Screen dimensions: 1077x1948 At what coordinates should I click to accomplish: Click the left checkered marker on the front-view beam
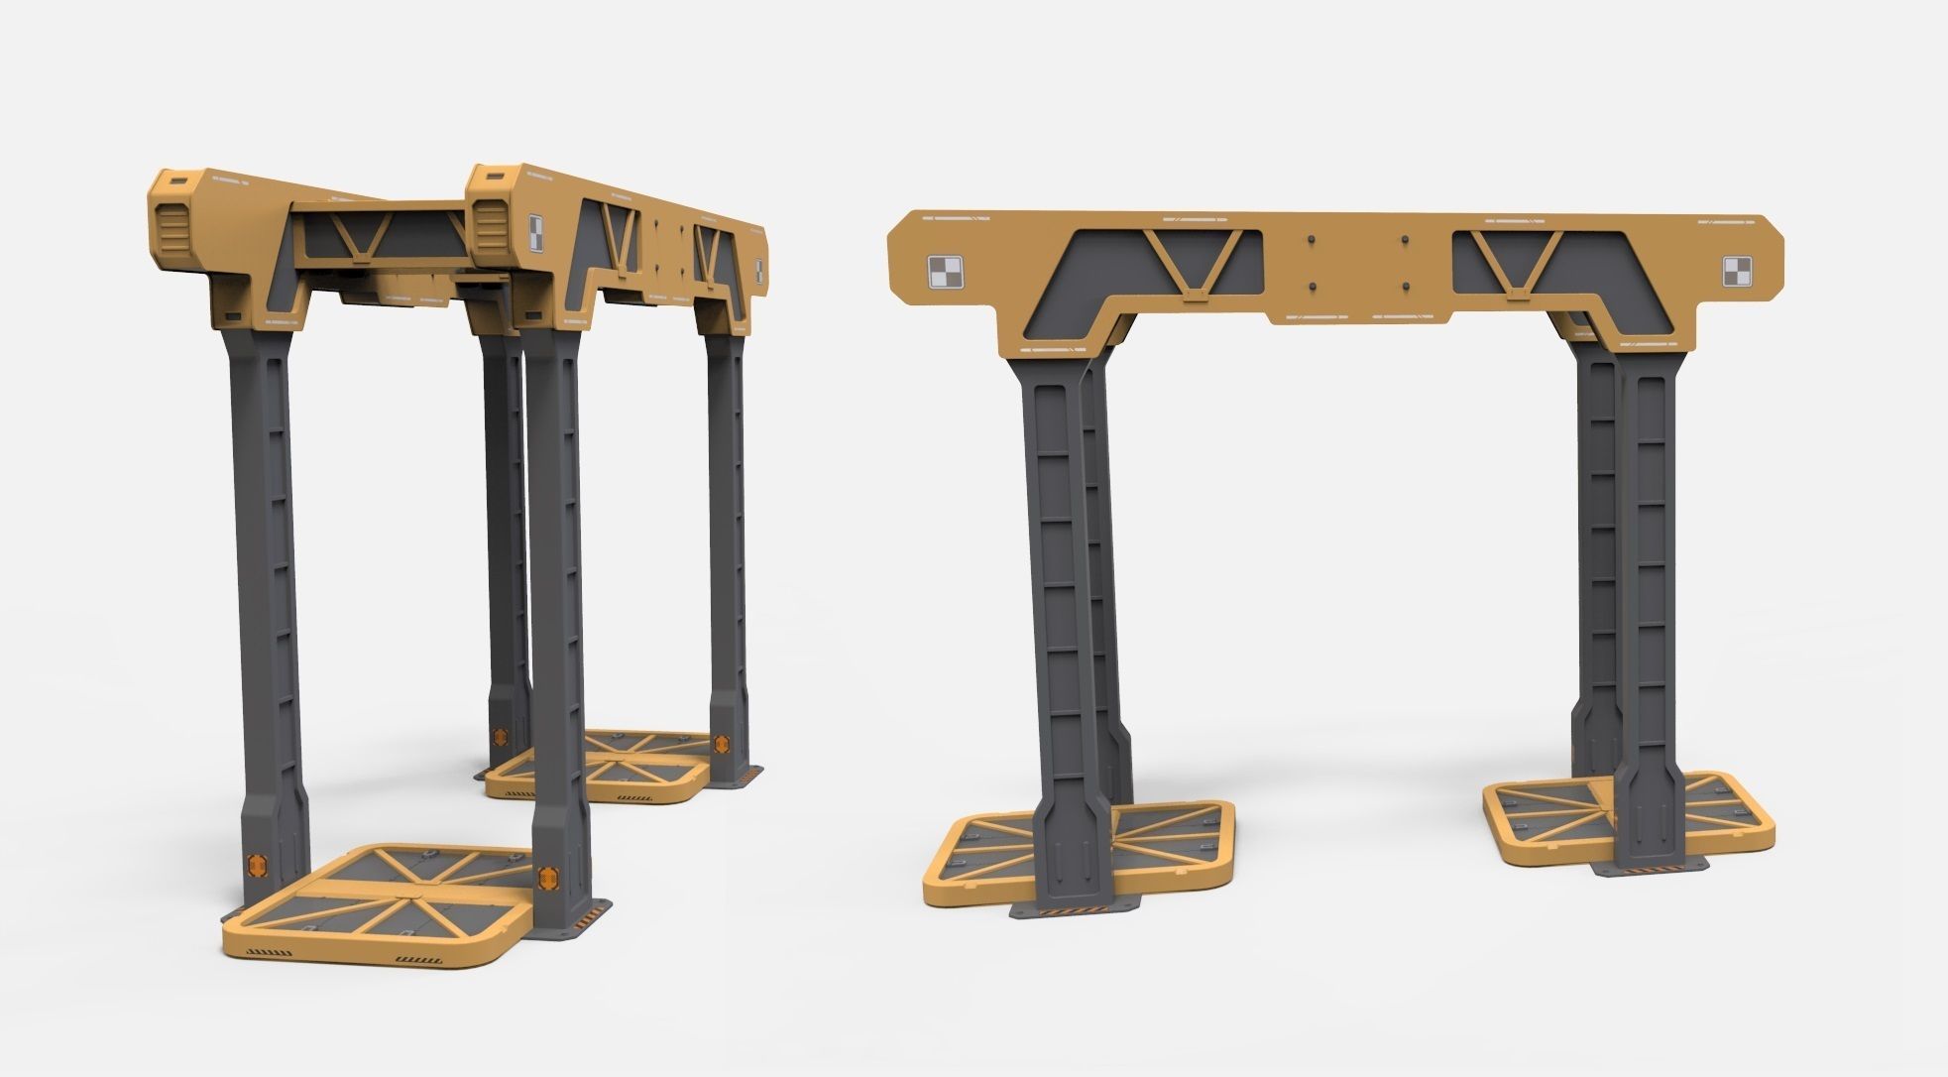click(x=944, y=272)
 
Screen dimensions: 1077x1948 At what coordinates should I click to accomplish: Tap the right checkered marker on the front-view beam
click(x=1738, y=272)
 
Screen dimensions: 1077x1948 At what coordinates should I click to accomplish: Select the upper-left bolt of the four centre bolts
click(x=1311, y=240)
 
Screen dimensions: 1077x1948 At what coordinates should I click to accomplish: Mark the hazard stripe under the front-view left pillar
click(x=1074, y=909)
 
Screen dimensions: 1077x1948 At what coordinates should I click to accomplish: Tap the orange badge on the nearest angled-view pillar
click(x=546, y=877)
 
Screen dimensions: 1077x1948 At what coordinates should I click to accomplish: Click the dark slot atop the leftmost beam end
click(x=178, y=182)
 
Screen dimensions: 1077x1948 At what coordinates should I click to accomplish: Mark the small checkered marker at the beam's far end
click(x=758, y=269)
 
